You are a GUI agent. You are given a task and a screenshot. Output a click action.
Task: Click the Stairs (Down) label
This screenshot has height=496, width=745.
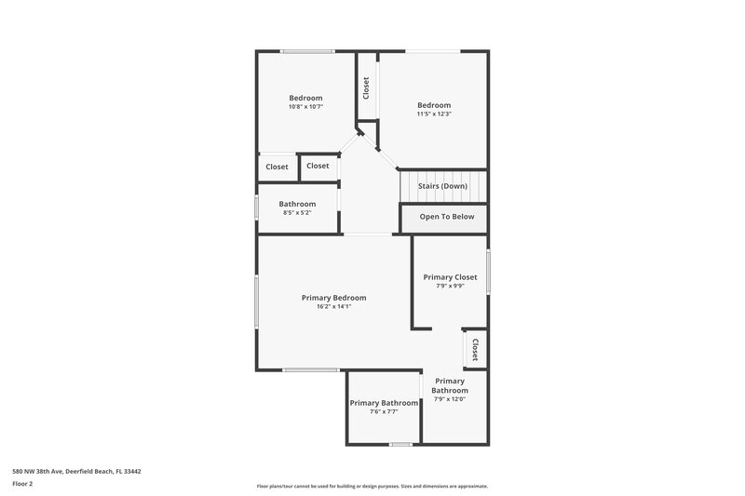pos(442,186)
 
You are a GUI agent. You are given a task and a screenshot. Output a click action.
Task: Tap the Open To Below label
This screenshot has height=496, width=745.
pos(447,217)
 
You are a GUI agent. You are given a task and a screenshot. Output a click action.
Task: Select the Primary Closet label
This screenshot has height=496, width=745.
pos(450,276)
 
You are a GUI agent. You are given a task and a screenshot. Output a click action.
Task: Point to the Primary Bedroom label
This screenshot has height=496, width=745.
pos(333,298)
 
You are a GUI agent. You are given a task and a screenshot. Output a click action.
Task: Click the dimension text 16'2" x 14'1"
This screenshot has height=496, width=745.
pos(333,307)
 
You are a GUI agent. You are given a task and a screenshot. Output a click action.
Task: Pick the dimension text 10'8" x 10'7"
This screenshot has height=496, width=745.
pos(305,107)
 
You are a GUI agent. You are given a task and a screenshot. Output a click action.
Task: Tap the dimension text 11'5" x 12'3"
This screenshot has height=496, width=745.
pos(434,114)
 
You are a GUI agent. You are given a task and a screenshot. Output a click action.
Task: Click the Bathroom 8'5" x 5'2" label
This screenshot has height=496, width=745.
pos(297,204)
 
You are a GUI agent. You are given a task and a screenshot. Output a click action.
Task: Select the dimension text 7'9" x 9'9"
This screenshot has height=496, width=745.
pos(450,286)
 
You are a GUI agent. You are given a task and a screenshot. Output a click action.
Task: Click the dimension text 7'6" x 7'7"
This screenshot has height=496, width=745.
pos(384,411)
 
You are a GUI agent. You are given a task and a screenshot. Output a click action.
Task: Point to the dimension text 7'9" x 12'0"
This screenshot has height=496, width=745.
pos(449,399)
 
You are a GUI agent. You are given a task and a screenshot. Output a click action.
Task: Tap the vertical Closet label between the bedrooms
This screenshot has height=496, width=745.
pos(366,88)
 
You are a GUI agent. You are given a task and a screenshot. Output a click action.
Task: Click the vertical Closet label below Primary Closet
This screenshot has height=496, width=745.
pos(475,350)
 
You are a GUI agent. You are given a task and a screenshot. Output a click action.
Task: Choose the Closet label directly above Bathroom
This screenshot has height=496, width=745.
pos(318,166)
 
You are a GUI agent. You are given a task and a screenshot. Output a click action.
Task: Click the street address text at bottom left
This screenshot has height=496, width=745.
pos(76,471)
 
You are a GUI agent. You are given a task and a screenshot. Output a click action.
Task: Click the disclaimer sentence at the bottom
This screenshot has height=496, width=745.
pos(372,486)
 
